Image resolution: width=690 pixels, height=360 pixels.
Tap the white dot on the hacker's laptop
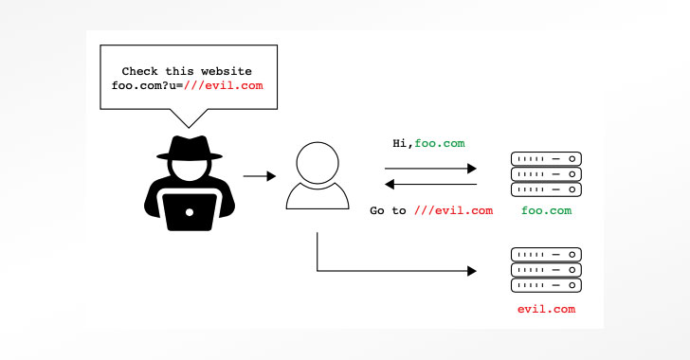click(x=190, y=212)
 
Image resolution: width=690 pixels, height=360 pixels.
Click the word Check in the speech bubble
click(x=139, y=71)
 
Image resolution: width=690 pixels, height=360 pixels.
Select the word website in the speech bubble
click(x=227, y=71)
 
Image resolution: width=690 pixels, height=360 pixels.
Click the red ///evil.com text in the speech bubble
click(x=223, y=85)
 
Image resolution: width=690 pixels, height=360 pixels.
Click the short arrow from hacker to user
click(x=259, y=176)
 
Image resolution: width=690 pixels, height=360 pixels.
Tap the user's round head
click(x=318, y=162)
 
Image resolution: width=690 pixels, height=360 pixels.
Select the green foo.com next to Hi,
click(x=440, y=143)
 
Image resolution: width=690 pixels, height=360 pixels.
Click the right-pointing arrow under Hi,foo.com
click(x=430, y=169)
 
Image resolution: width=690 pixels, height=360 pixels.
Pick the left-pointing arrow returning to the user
click(x=430, y=184)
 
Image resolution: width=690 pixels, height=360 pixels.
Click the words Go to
click(x=388, y=211)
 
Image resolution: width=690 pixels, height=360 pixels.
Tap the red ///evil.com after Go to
click(x=453, y=211)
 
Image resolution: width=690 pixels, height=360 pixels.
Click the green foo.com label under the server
click(x=546, y=211)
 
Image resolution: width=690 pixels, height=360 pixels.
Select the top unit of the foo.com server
click(x=546, y=159)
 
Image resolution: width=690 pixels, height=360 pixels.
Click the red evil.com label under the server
click(x=546, y=310)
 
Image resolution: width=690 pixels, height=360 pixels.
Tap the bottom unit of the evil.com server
click(x=546, y=285)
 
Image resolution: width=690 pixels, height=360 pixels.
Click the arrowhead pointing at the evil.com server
click(x=472, y=271)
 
